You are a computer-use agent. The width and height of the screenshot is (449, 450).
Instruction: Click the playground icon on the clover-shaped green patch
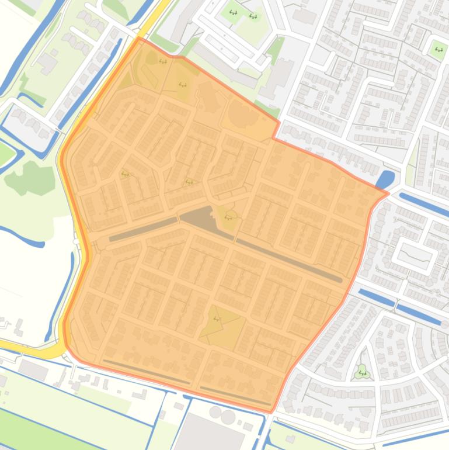tap(363, 372)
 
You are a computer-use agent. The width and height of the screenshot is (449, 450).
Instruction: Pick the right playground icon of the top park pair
tap(253, 16)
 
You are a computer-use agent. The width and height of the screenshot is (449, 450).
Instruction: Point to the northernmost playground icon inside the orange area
tap(162, 61)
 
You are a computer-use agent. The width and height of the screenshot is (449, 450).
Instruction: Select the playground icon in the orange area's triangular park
tap(217, 319)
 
